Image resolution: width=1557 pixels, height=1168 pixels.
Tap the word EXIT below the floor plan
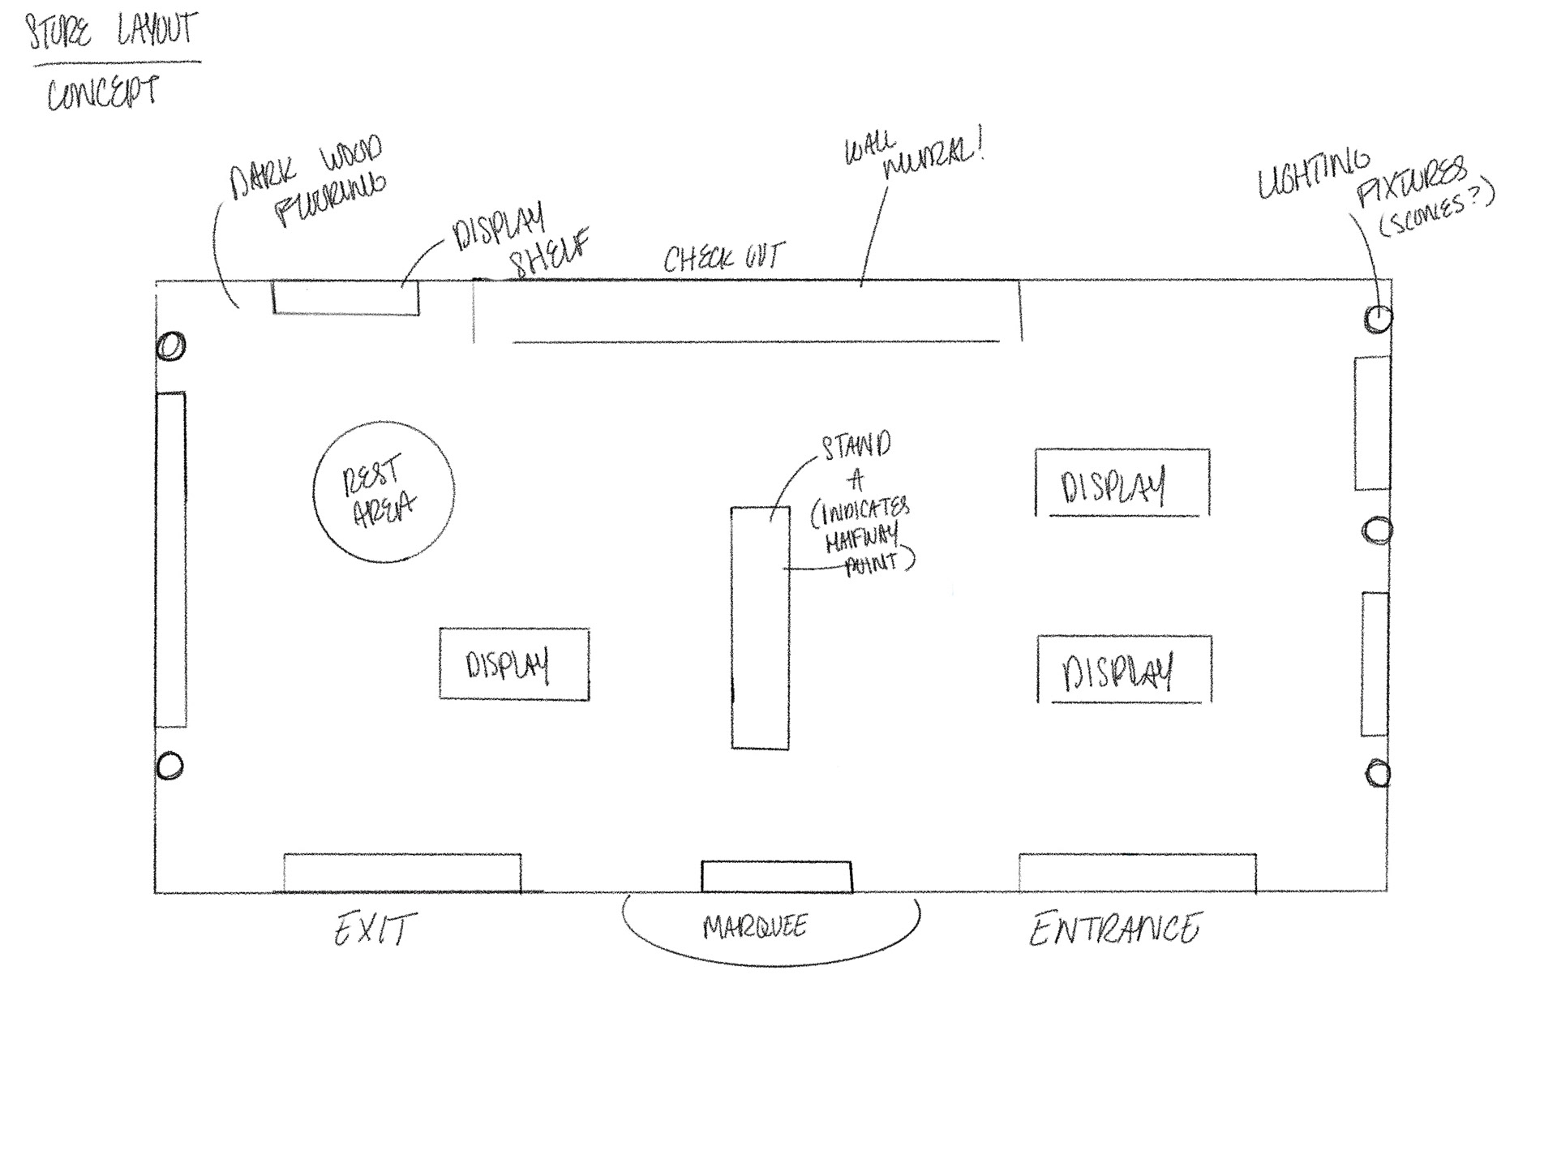tap(375, 929)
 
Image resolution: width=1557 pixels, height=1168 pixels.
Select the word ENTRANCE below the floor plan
tap(1114, 929)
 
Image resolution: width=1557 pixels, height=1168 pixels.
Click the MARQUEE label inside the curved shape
tap(755, 926)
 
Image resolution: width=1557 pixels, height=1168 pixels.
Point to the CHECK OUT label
tap(723, 258)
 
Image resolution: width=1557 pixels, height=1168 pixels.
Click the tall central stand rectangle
tap(760, 628)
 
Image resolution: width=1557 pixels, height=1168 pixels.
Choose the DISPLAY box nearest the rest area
tap(514, 663)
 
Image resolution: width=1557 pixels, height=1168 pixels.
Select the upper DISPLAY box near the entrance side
tap(1122, 483)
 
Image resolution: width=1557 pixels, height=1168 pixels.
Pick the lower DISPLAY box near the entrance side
tap(1124, 670)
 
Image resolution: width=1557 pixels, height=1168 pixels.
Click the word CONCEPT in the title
tap(102, 94)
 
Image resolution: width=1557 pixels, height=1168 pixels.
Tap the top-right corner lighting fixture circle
tap(1378, 319)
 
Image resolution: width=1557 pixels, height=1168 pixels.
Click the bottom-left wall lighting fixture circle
tap(169, 766)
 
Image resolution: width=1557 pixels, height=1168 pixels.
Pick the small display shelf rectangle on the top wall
tap(345, 298)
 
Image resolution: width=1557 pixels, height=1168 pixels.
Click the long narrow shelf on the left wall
tap(171, 560)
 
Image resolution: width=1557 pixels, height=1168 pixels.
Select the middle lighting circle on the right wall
tap(1377, 531)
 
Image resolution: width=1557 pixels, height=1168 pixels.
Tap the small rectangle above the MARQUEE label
tap(776, 876)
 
